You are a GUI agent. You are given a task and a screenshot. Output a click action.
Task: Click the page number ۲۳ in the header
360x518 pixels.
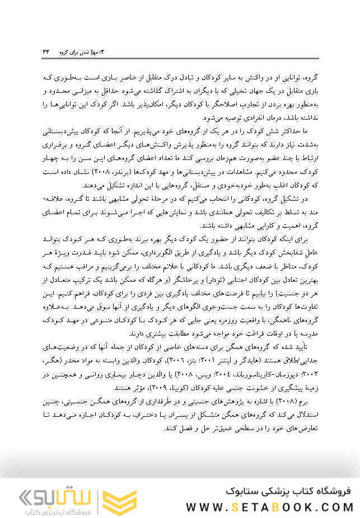pyautogui.click(x=46, y=51)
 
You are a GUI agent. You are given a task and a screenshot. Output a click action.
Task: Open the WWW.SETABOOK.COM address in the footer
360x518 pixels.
pyautogui.click(x=269, y=507)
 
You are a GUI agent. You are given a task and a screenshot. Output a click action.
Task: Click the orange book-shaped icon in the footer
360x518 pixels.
pyautogui.click(x=119, y=499)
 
